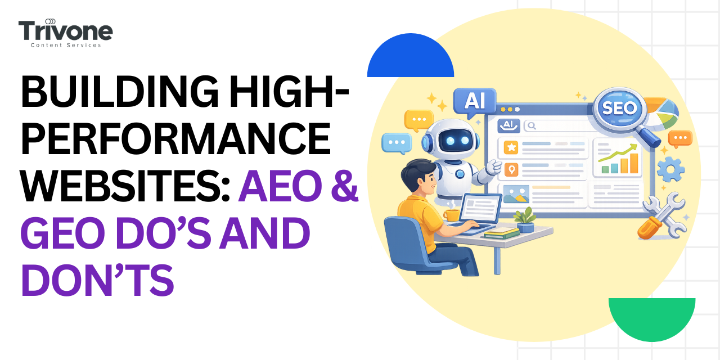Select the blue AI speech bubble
(474, 101)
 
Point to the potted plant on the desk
(525, 219)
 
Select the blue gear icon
(670, 169)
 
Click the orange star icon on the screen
(511, 147)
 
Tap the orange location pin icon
(511, 169)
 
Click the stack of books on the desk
(501, 232)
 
